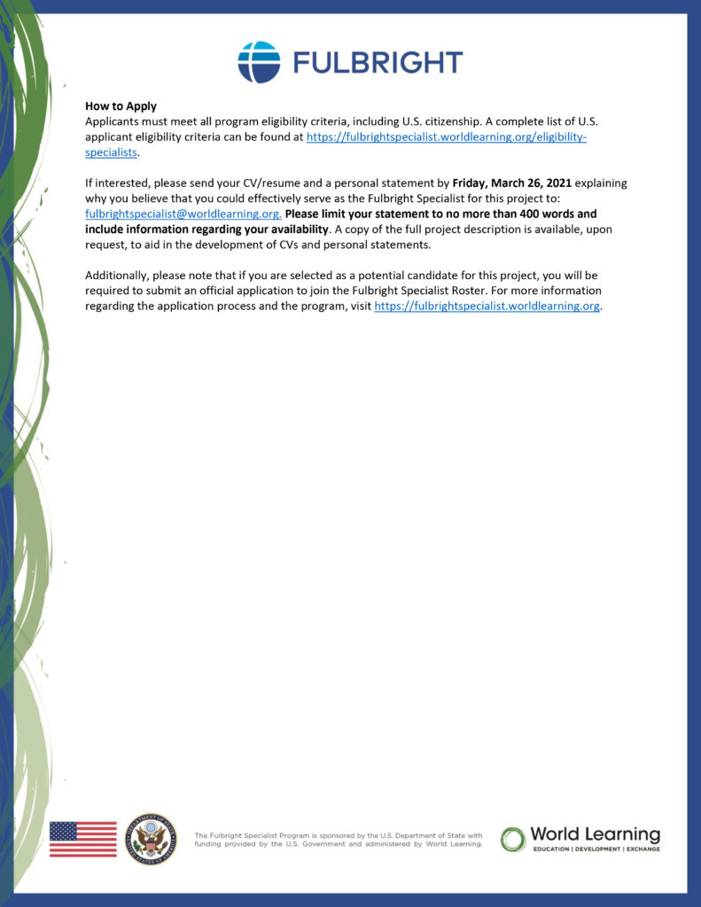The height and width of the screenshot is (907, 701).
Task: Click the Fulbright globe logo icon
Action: click(x=259, y=62)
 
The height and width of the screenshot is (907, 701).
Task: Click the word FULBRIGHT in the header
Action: click(x=378, y=62)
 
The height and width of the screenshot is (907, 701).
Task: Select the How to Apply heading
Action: click(x=121, y=106)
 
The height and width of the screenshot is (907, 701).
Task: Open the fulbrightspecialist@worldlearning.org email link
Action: click(x=183, y=214)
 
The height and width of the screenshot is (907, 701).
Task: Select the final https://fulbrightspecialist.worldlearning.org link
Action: click(x=487, y=306)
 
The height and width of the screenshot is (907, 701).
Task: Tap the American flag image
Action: click(x=82, y=839)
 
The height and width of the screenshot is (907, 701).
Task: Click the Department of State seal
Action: click(x=151, y=839)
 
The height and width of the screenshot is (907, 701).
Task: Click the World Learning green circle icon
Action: click(x=513, y=839)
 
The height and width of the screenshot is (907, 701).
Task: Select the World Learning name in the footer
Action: click(x=595, y=834)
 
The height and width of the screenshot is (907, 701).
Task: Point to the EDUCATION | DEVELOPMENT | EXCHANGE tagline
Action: click(x=595, y=849)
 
